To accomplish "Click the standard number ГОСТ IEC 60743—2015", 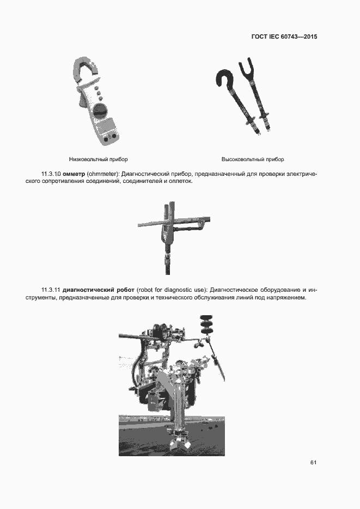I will tap(284, 37).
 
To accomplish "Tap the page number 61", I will tap(313, 462).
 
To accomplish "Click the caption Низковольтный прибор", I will tap(99, 160).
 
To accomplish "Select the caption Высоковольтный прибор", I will tap(253, 160).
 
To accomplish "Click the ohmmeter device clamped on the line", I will tap(168, 229).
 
